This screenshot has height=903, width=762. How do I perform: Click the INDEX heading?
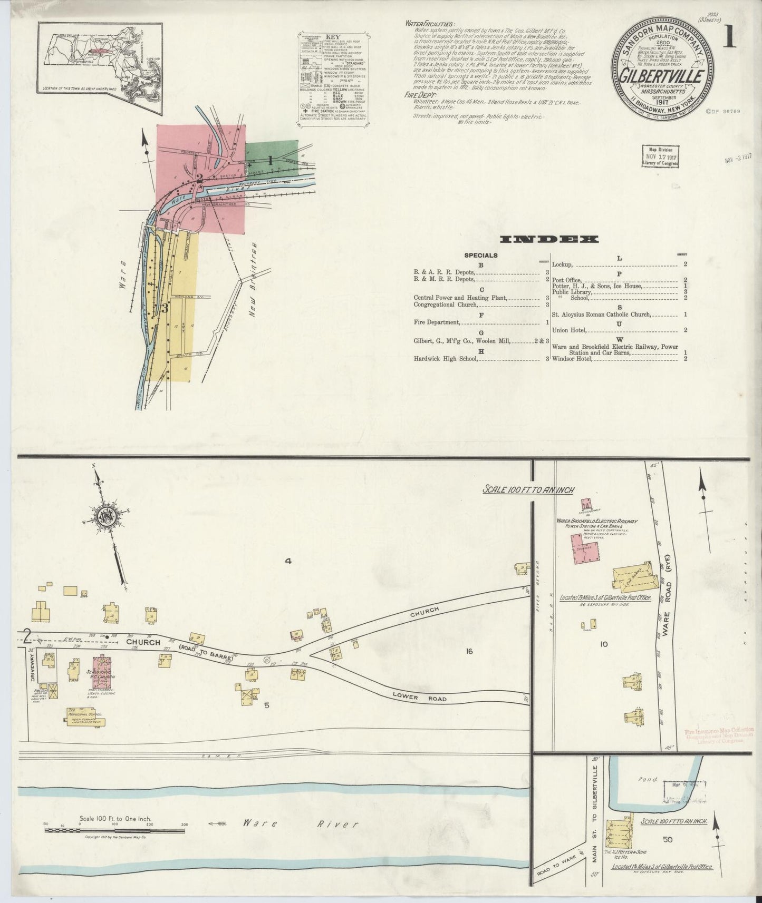pyautogui.click(x=548, y=240)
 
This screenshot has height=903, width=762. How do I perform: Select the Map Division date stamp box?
pyautogui.click(x=661, y=156)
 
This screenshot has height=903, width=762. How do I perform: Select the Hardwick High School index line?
pyautogui.click(x=446, y=359)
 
